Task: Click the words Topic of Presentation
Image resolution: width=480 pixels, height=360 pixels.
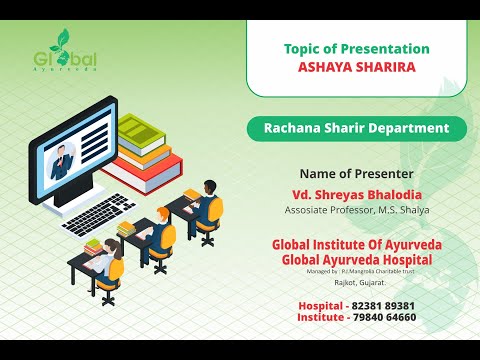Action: point(357,49)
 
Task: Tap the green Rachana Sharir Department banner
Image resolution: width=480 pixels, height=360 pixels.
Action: point(357,128)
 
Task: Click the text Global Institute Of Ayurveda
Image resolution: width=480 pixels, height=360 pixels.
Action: point(357,245)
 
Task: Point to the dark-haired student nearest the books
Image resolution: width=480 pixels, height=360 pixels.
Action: point(207,200)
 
